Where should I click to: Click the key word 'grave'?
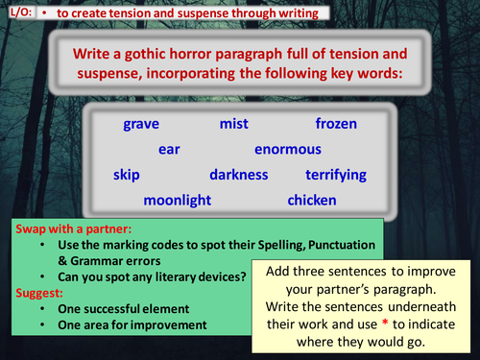point(141,124)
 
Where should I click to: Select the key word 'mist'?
point(234,124)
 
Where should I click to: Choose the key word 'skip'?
point(128,176)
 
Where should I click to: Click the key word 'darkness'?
point(239,176)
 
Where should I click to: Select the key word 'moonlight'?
point(182,201)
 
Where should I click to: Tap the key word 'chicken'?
point(312,201)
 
